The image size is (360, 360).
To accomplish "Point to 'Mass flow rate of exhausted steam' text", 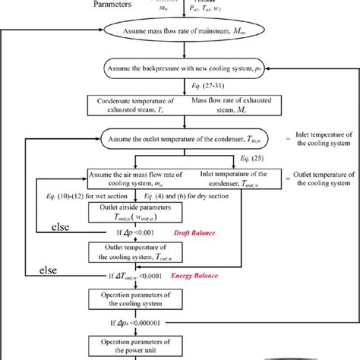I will click(x=225, y=106).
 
